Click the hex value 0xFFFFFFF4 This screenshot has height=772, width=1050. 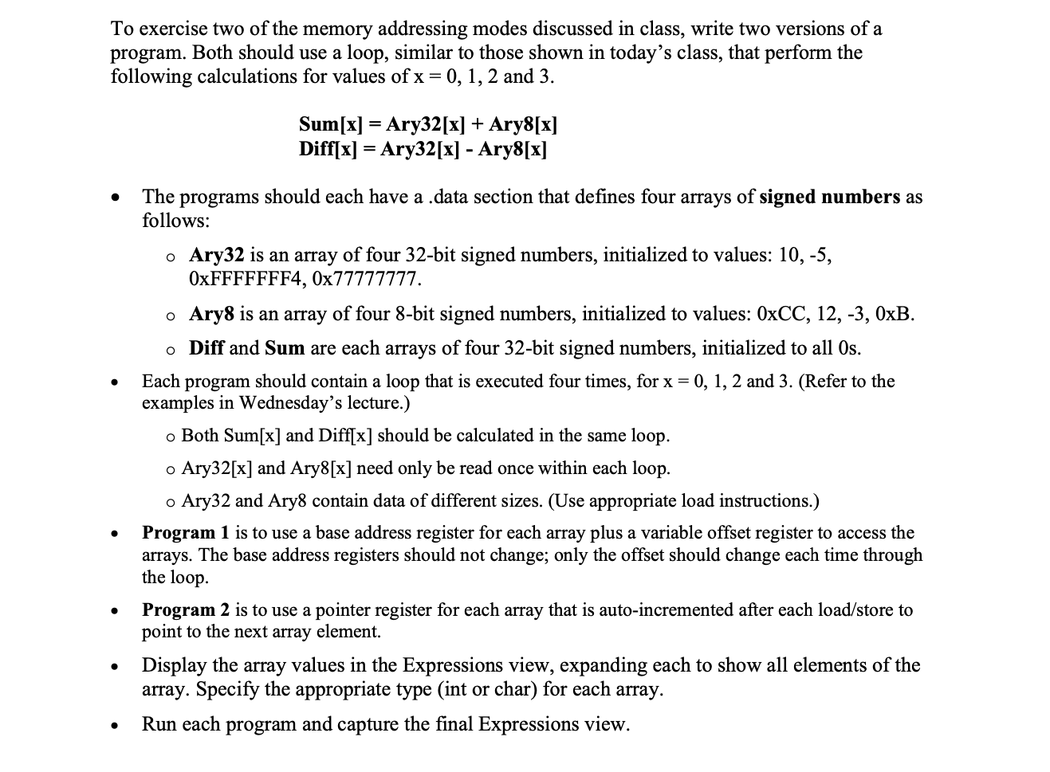pos(246,280)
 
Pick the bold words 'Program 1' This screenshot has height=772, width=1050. pos(185,532)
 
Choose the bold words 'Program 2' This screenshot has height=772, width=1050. pos(186,610)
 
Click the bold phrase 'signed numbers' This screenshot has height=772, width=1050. pos(829,197)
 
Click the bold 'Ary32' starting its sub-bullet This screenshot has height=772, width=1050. pos(216,255)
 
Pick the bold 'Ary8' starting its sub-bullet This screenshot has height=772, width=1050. pos(211,314)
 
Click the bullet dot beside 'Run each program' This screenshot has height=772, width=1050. pos(117,726)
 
